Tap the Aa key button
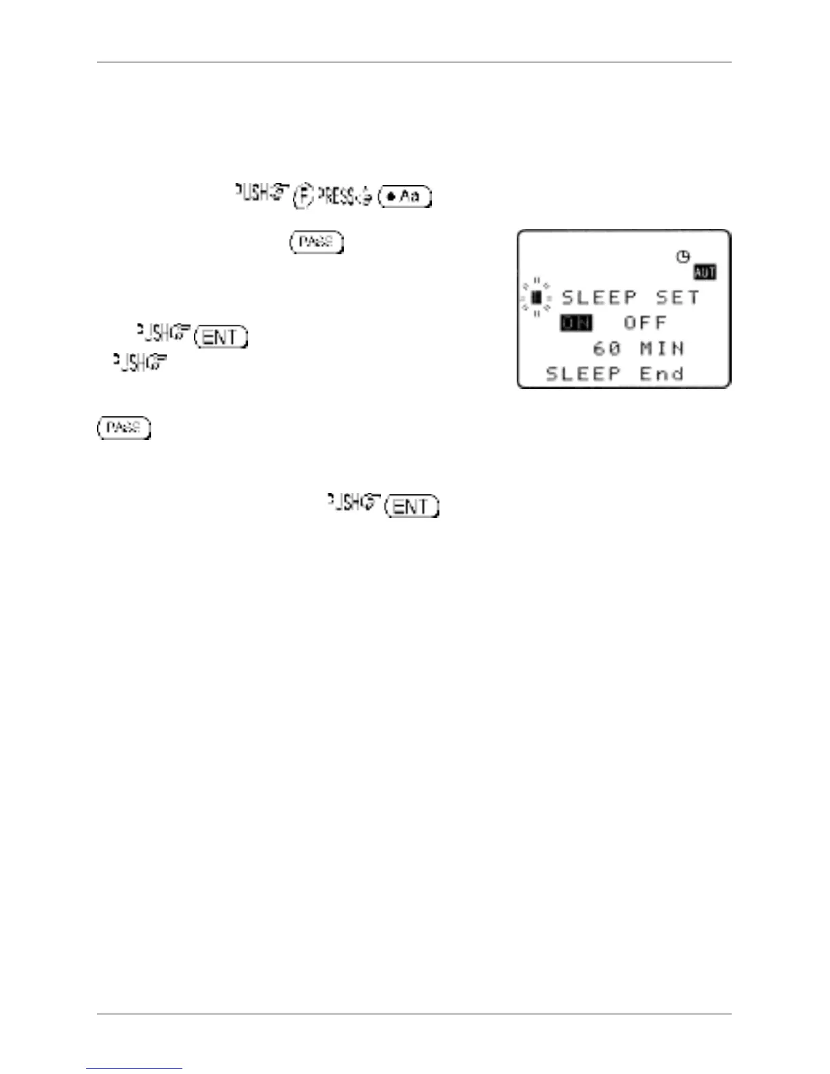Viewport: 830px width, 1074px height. tap(406, 197)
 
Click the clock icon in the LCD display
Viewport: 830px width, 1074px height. tap(683, 256)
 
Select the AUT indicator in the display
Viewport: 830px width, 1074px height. tap(705, 273)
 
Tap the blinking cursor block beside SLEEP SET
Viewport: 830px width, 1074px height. tap(536, 298)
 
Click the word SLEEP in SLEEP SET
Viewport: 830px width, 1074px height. tap(599, 298)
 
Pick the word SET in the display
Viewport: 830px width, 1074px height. tap(677, 298)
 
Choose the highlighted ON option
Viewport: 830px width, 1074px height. tap(576, 323)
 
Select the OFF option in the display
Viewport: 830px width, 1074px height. tap(645, 323)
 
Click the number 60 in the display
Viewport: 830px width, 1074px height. tap(607, 349)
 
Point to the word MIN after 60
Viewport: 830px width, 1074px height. tap(662, 349)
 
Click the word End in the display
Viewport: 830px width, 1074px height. tap(662, 374)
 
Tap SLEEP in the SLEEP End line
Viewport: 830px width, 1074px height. tap(584, 374)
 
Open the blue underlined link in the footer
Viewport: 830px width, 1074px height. tap(134, 1068)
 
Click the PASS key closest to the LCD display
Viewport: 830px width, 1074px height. tap(316, 242)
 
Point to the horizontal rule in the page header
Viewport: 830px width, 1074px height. tap(414, 62)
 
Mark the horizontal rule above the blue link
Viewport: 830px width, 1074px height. tap(414, 1014)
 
